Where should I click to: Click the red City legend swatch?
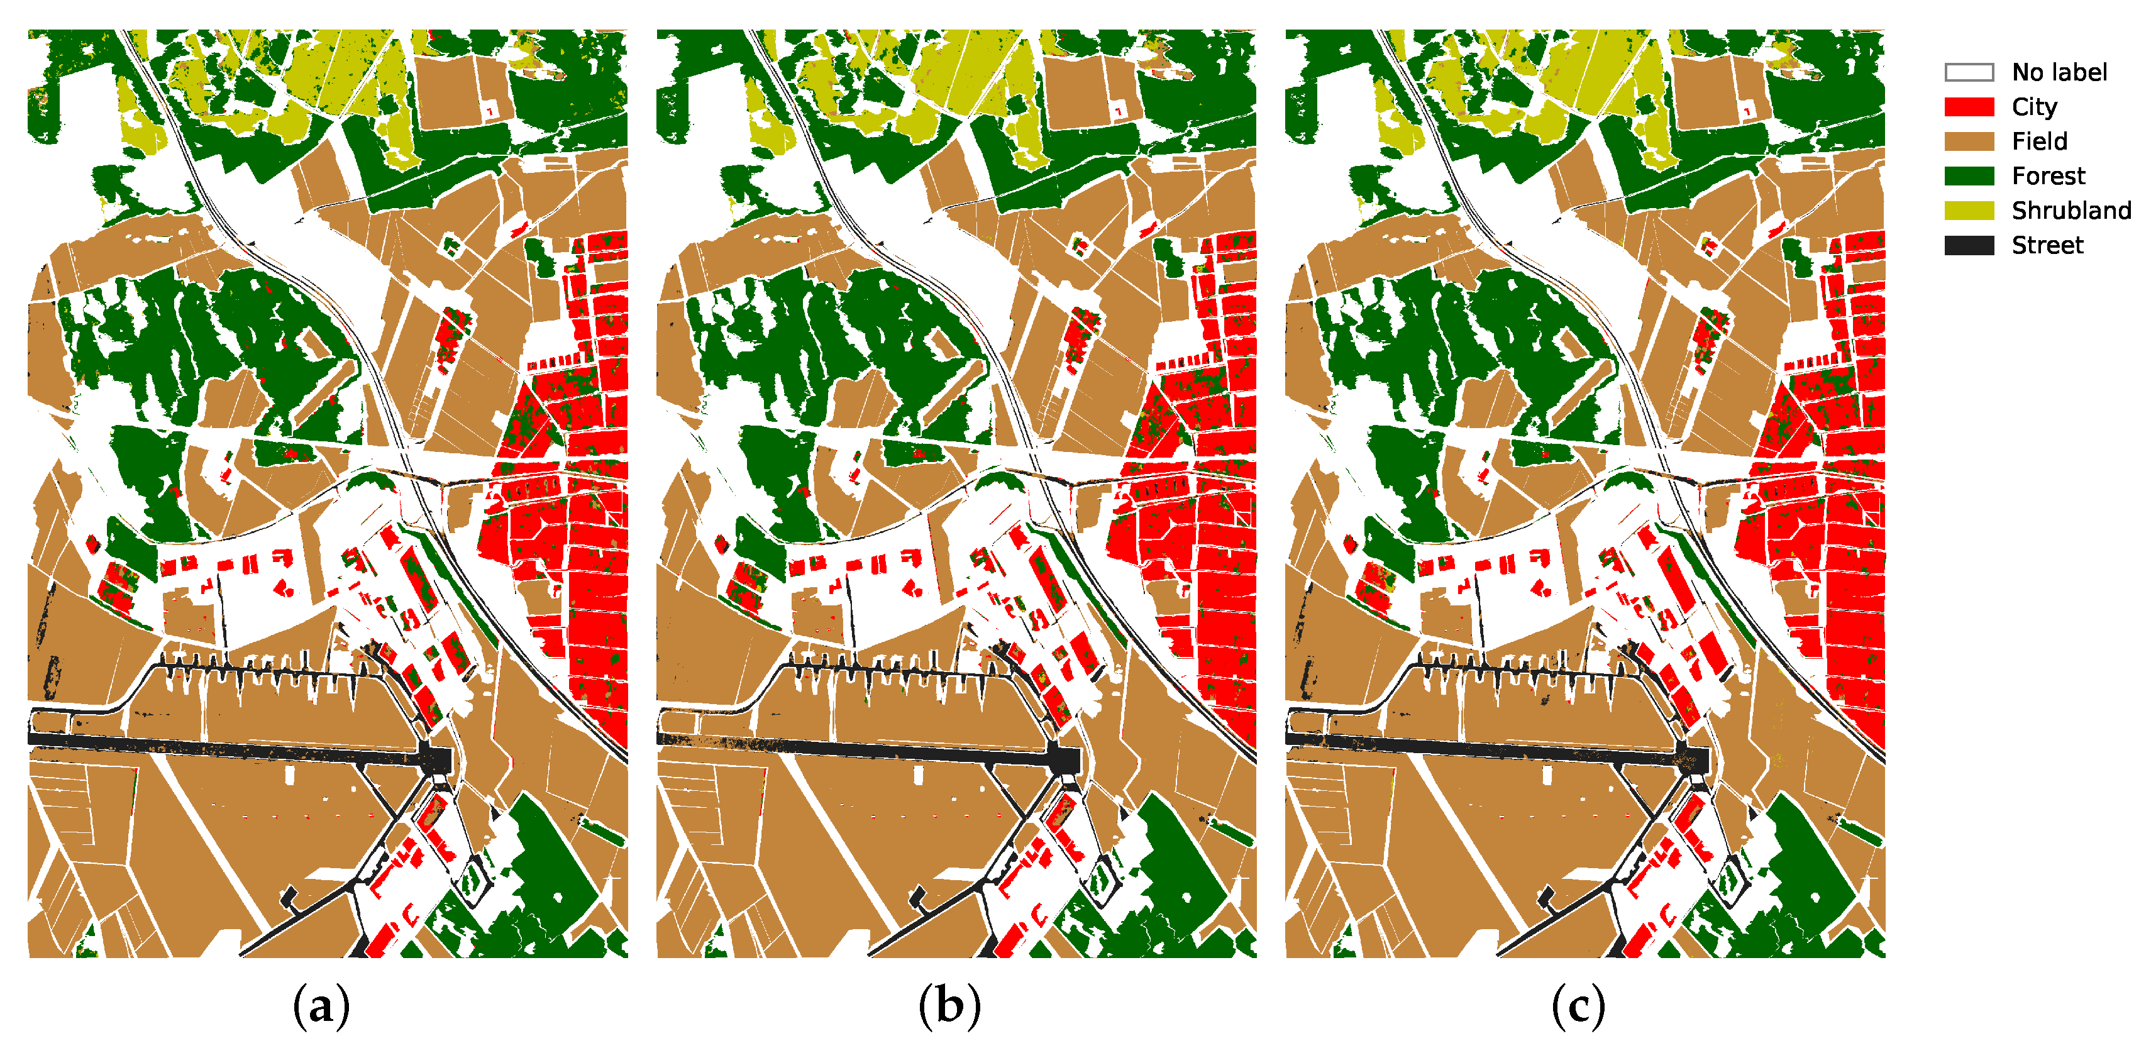click(x=1968, y=107)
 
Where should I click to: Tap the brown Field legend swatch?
click(x=1968, y=141)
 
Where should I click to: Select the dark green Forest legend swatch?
click(x=1968, y=175)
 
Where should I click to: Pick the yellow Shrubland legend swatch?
click(x=1968, y=211)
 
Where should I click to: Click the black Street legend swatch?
click(x=1968, y=246)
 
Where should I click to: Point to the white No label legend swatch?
click(x=1968, y=73)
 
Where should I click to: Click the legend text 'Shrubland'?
click(x=2071, y=211)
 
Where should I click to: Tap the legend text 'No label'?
click(x=2059, y=73)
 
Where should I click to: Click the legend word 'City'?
click(x=2034, y=107)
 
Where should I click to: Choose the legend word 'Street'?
click(x=2047, y=246)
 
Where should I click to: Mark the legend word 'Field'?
click(x=2039, y=141)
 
